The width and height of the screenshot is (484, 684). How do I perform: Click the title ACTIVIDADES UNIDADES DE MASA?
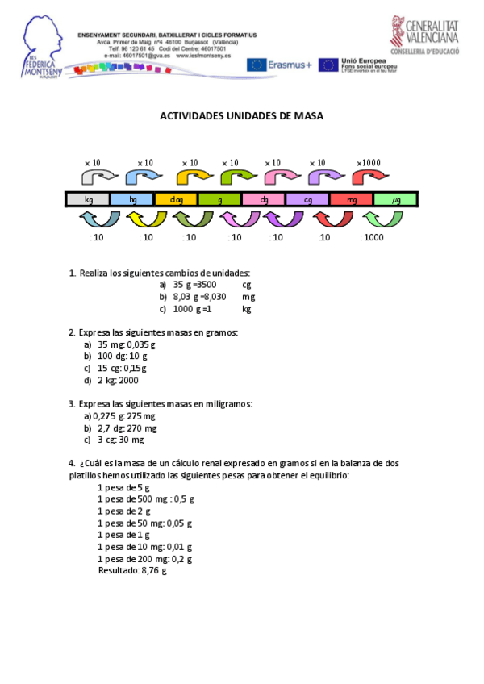click(241, 116)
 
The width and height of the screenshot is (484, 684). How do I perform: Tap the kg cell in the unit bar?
click(88, 199)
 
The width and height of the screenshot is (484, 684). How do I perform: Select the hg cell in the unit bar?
click(132, 199)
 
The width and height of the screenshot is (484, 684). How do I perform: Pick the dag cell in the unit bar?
click(176, 199)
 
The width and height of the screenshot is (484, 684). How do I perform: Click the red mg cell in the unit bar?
click(352, 199)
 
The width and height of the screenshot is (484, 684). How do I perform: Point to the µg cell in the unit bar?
click(395, 199)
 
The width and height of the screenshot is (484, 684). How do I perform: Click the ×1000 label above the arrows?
click(367, 163)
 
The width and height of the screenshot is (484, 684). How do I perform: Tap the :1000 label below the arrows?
click(372, 237)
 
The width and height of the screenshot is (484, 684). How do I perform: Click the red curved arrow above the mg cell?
click(367, 177)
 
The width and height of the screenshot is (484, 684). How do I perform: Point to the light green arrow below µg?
click(383, 219)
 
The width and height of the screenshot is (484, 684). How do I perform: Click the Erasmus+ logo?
click(279, 65)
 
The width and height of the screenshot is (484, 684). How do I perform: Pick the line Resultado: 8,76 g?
click(132, 570)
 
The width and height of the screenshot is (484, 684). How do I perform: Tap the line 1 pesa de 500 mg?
click(146, 498)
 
